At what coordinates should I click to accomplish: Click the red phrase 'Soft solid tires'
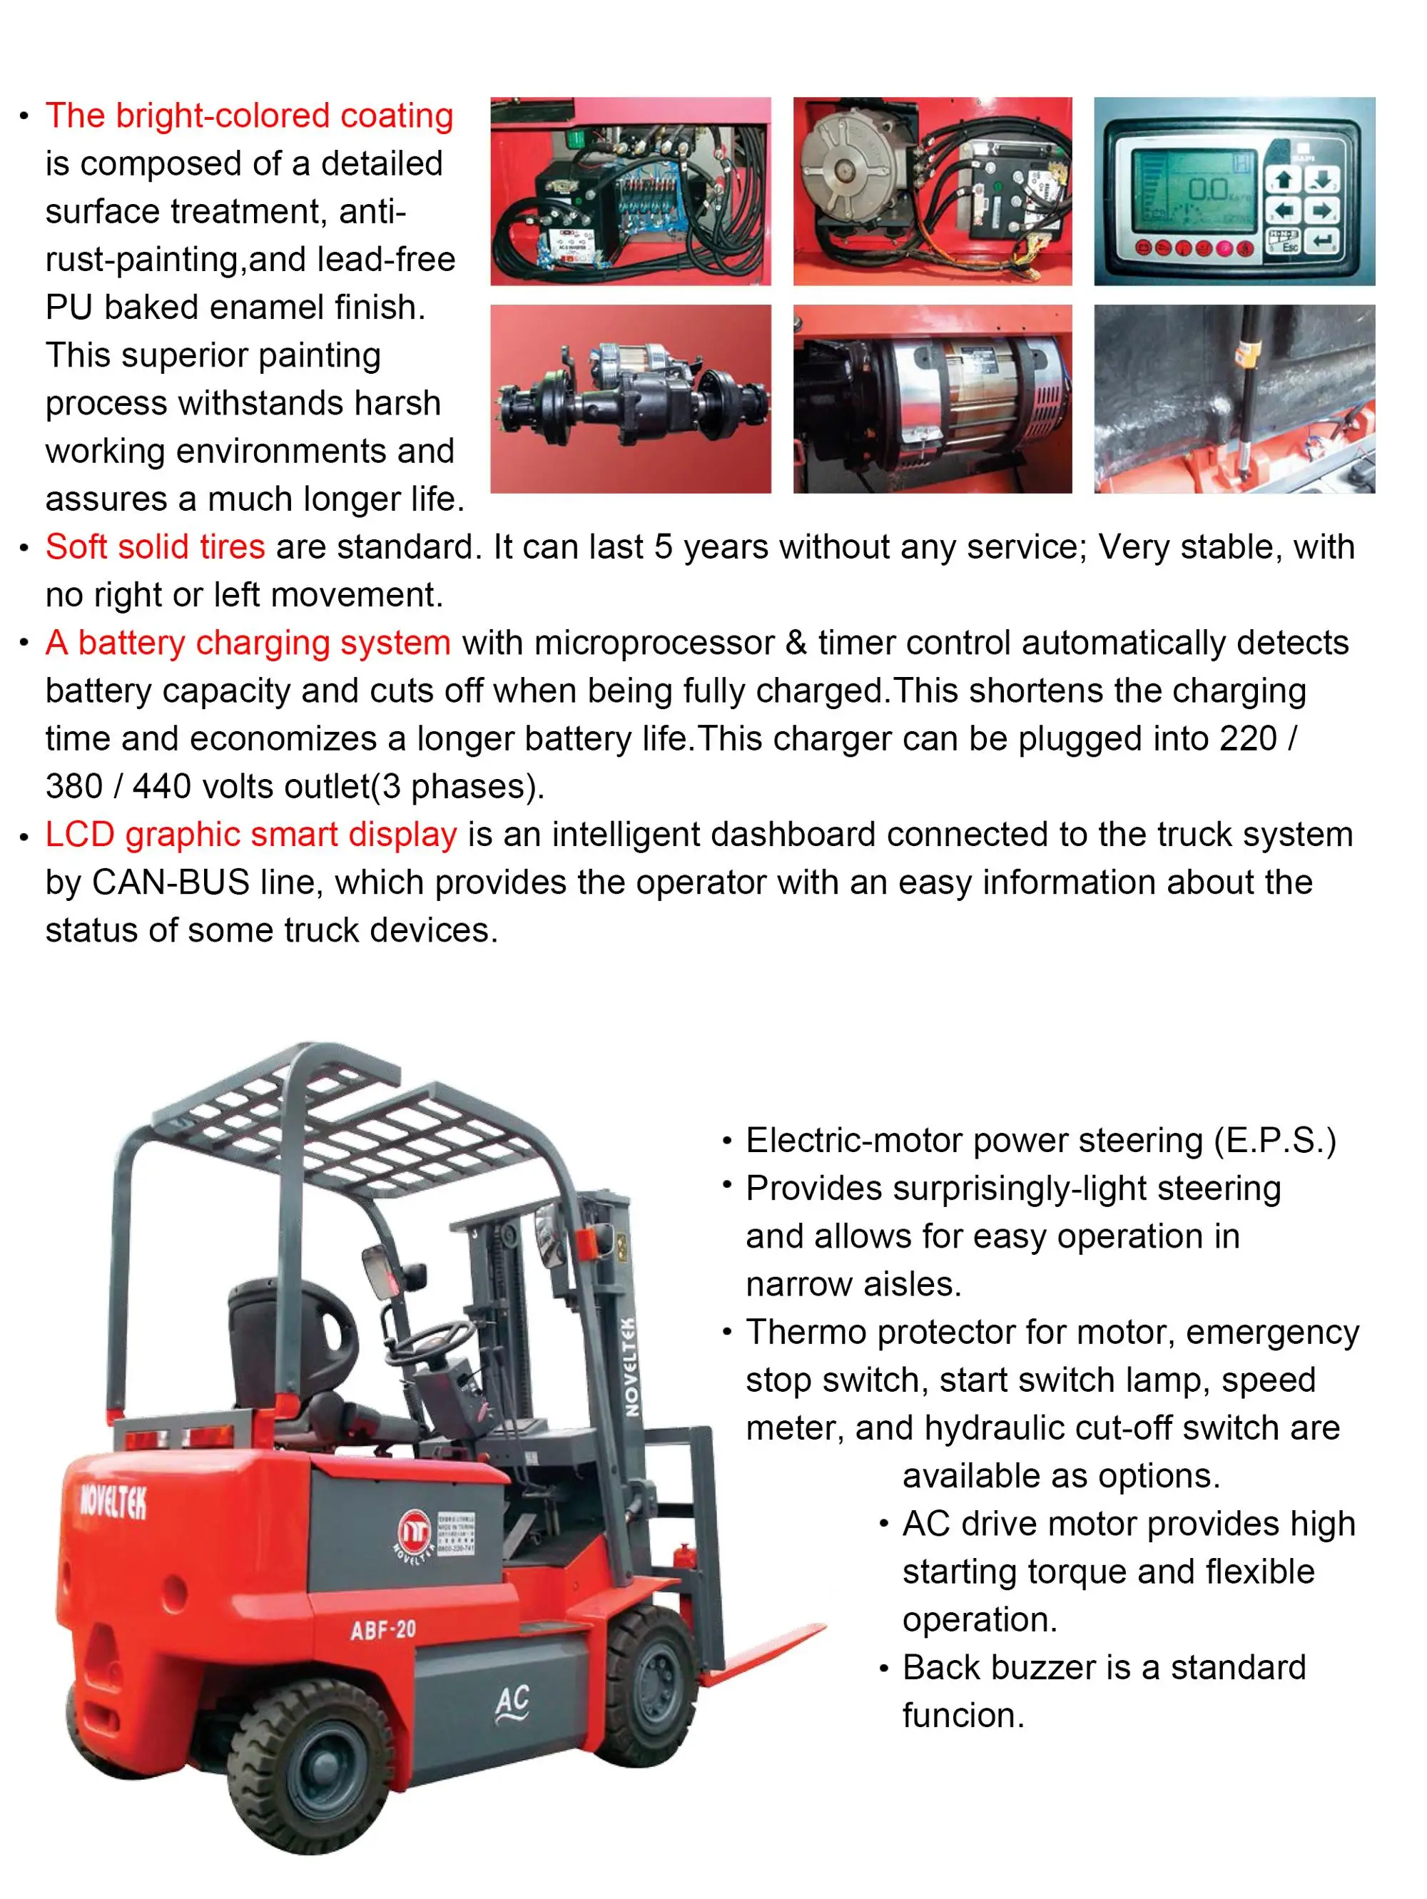[156, 547]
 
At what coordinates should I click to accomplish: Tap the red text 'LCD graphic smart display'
[250, 835]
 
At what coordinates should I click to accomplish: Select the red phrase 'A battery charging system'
[248, 643]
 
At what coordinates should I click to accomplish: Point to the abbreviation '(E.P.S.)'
[1274, 1141]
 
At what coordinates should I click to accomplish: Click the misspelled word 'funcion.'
[963, 1715]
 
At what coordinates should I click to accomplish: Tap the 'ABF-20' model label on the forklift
[383, 1629]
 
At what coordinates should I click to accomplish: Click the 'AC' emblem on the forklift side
[512, 1704]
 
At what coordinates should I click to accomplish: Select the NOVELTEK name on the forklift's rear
[113, 1502]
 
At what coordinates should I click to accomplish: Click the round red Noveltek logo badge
[414, 1532]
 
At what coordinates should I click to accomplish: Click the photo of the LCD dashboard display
[1234, 190]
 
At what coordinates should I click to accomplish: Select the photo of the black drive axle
[630, 399]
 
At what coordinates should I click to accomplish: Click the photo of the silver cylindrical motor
[933, 399]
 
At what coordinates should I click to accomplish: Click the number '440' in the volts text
[161, 786]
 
